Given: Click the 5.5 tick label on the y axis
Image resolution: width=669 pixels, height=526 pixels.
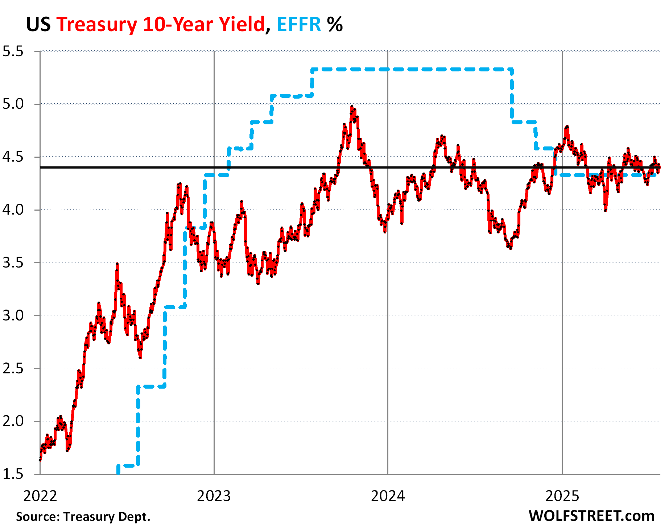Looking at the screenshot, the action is [x=13, y=51].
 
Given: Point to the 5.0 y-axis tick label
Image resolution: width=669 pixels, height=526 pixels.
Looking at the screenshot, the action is [x=13, y=104].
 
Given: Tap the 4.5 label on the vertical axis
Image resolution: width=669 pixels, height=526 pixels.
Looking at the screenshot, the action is [x=13, y=157].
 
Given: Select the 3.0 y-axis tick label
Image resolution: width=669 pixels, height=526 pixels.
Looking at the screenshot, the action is [x=13, y=316].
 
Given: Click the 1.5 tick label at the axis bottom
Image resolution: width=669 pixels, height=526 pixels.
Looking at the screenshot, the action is [x=13, y=474].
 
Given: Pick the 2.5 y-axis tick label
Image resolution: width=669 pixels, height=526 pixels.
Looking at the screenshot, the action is [x=13, y=369].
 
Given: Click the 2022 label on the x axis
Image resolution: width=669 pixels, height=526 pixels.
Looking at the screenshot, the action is [x=40, y=496].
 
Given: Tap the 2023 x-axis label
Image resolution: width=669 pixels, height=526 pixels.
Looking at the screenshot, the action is [x=214, y=496].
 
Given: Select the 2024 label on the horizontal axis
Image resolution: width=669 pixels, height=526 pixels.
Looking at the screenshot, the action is [x=388, y=496].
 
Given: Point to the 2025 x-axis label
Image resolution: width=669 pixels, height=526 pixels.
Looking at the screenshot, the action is [x=562, y=496].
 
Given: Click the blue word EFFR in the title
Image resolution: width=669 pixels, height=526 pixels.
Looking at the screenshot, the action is [x=299, y=25].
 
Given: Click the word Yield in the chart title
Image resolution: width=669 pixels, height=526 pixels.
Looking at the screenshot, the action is [x=242, y=25].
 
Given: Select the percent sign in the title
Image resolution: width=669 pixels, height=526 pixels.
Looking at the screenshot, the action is [x=335, y=25].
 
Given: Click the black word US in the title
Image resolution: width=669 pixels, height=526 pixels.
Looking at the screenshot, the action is [x=38, y=25].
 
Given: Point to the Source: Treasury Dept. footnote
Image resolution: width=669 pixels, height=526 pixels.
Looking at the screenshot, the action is [x=83, y=517].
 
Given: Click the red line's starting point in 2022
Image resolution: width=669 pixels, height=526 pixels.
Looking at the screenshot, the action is [x=40, y=460].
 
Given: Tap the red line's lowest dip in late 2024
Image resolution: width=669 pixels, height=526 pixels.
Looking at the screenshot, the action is [x=511, y=248].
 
